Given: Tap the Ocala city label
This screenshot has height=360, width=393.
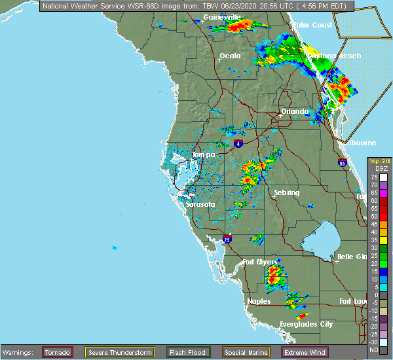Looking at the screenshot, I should click(230, 56).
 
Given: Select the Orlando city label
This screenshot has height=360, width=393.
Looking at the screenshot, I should click(295, 112).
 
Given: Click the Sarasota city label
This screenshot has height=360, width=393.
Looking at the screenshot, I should click(200, 205).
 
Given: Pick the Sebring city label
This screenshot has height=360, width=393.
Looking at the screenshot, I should click(287, 193).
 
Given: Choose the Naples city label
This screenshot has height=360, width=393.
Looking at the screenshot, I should click(259, 302).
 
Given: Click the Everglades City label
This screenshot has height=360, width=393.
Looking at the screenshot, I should click(306, 325).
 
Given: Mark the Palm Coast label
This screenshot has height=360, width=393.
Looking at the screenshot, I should click(312, 26).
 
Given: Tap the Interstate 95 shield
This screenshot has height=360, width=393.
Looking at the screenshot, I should click(343, 162).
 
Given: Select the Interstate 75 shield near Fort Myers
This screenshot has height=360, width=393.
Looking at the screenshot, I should click(226, 240).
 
